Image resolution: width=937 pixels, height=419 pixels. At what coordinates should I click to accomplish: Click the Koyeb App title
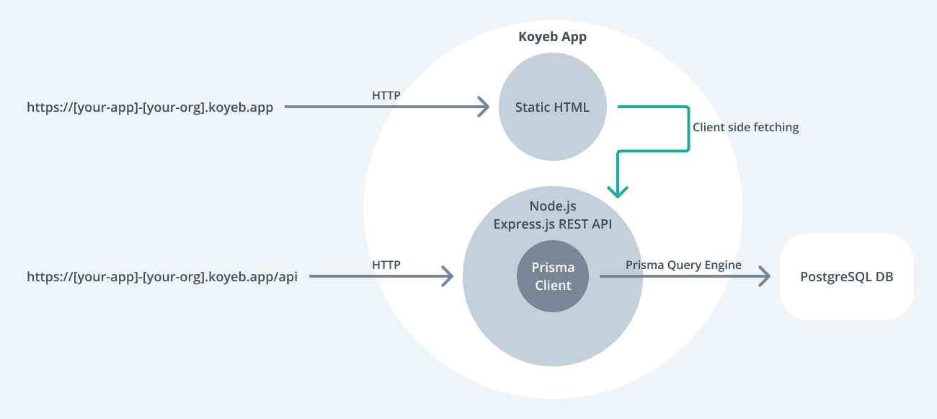click(552, 38)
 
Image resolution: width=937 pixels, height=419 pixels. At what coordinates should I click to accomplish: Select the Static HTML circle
click(552, 107)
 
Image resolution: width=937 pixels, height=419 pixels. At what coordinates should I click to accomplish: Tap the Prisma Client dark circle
click(552, 276)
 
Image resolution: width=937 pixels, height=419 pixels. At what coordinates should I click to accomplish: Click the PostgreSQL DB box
click(846, 276)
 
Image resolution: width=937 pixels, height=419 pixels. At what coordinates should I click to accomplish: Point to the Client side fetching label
click(745, 127)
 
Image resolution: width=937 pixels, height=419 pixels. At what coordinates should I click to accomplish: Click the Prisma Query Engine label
click(683, 265)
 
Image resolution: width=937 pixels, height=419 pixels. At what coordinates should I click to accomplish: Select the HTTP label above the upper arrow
click(386, 95)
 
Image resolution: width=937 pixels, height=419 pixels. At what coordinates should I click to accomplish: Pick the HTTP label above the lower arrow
click(386, 265)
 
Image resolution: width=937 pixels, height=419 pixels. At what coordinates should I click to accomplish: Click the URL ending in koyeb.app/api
click(162, 276)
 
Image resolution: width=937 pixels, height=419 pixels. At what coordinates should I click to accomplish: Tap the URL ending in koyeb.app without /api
click(150, 108)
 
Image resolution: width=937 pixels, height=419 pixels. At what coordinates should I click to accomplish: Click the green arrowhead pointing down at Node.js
click(618, 191)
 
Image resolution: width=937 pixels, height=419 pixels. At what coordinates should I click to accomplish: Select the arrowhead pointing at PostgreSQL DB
click(765, 276)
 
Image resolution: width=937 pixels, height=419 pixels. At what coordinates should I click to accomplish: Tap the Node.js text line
click(552, 207)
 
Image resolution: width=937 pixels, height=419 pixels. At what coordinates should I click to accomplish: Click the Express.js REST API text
click(552, 224)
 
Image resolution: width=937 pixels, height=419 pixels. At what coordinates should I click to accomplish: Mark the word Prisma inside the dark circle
click(552, 268)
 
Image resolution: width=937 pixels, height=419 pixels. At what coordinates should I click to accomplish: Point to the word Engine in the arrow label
click(723, 265)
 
